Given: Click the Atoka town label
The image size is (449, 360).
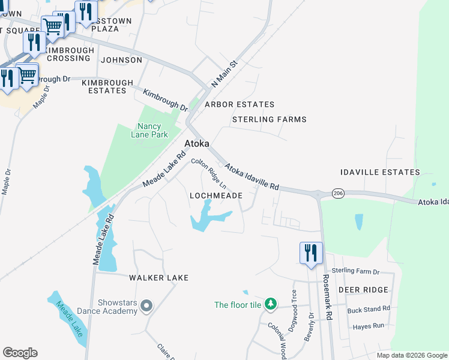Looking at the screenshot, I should click(197, 144).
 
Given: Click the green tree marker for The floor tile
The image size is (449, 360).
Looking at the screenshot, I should click(271, 305).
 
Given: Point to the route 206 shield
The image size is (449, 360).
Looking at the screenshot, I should click(338, 193).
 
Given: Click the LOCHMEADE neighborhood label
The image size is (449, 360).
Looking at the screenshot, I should click(216, 196).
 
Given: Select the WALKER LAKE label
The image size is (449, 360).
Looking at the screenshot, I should click(158, 278).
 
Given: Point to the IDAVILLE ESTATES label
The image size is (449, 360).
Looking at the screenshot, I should click(380, 172).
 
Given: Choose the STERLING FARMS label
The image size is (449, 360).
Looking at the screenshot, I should click(270, 119).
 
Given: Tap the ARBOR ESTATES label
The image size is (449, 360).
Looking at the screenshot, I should click(240, 104).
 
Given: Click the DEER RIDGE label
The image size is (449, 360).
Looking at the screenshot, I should click(363, 290).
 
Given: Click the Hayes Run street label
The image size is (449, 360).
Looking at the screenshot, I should click(368, 326).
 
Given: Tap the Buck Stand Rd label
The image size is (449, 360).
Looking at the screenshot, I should click(369, 308).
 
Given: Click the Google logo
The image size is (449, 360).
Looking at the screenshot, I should click(20, 353).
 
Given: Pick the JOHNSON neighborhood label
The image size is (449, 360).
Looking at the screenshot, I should click(122, 60).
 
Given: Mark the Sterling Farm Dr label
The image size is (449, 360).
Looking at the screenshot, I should click(356, 271).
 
